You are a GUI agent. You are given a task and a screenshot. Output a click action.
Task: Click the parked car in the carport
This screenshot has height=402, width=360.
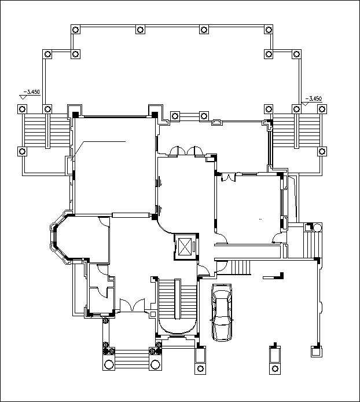click(x=222, y=313)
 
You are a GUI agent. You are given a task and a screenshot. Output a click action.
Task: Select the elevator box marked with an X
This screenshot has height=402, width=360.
click(x=185, y=247)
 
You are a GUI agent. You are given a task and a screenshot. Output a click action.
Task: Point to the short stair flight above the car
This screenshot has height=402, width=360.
click(x=238, y=268)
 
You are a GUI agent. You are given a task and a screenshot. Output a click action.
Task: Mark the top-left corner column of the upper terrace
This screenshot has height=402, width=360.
click(x=75, y=30)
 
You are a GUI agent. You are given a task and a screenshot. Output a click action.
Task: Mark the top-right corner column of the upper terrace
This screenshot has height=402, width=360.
click(x=268, y=30)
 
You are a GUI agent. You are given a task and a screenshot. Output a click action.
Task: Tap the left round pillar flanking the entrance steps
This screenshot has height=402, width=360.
click(x=109, y=365)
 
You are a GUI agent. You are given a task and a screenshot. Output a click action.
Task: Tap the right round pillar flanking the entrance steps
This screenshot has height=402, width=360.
click(x=155, y=365)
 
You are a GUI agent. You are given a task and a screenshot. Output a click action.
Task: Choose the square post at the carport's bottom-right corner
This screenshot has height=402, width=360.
click(x=316, y=350)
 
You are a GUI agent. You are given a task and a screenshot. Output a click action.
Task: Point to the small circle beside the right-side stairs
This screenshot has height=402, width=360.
click(x=316, y=227)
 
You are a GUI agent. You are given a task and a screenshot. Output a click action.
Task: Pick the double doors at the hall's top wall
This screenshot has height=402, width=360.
click(x=185, y=152)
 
